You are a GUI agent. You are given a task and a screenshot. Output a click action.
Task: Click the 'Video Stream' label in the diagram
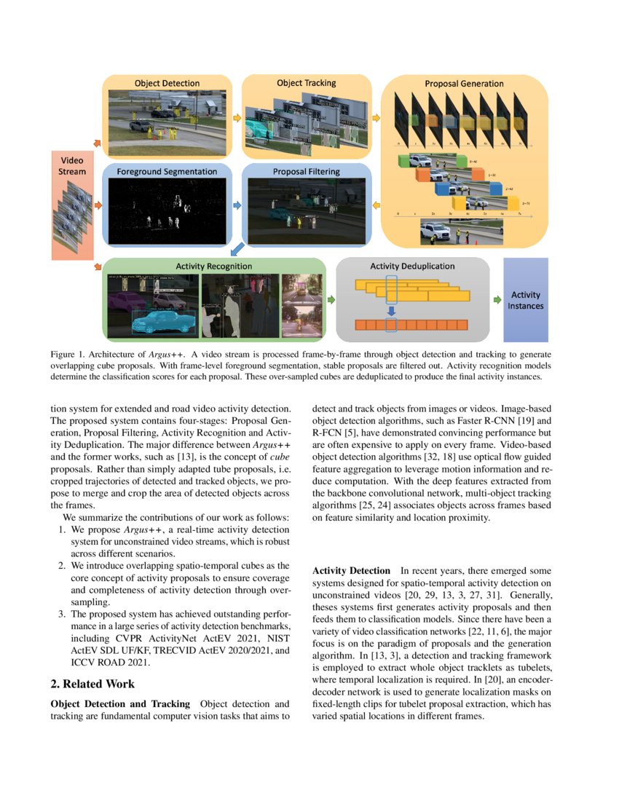72,165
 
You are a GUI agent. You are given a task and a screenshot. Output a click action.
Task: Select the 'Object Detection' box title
167,84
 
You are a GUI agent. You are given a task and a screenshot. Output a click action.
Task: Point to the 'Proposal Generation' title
464,84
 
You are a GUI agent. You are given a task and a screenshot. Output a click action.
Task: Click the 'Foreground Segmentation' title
169,172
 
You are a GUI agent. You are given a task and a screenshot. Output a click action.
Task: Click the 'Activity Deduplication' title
412,267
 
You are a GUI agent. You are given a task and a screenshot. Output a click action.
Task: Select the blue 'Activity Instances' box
525,300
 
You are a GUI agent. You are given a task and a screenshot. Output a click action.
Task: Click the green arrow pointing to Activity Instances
497,299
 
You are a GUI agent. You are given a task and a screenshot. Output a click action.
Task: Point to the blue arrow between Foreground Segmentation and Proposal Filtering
236,206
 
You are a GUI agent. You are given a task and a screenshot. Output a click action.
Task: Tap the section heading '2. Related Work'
92,684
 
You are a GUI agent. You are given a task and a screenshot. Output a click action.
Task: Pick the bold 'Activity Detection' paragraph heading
352,572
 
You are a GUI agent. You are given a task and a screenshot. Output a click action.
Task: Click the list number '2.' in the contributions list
63,565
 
